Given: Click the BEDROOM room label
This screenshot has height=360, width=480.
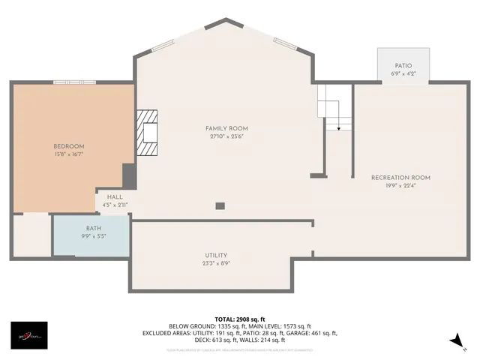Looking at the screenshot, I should (68, 145).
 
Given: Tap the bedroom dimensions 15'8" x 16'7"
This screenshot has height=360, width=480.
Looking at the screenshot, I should (68, 154).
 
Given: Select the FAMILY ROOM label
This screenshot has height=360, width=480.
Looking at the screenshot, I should (226, 128).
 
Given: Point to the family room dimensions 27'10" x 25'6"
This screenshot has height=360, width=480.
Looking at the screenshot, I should (226, 136).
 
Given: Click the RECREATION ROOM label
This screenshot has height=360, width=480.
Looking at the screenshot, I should (400, 177).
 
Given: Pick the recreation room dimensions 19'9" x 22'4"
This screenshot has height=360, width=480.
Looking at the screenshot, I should (400, 185).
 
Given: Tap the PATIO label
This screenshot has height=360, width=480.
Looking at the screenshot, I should (403, 66).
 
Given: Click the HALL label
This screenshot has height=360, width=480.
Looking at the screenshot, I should (115, 196).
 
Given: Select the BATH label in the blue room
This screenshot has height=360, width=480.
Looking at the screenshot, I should (94, 228).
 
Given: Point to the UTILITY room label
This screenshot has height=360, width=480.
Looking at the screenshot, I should (216, 255).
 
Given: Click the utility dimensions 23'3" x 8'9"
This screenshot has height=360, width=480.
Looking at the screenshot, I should (216, 263).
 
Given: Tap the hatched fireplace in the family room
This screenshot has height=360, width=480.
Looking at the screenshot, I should (148, 133).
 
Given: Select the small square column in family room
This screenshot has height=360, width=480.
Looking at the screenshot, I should (220, 205).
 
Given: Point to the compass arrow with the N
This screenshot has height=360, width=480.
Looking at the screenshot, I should (457, 340).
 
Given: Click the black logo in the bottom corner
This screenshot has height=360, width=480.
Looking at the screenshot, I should (28, 335).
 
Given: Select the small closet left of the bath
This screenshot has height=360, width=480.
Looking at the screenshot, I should (31, 235).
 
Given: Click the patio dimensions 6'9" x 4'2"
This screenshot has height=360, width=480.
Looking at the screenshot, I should (403, 74).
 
